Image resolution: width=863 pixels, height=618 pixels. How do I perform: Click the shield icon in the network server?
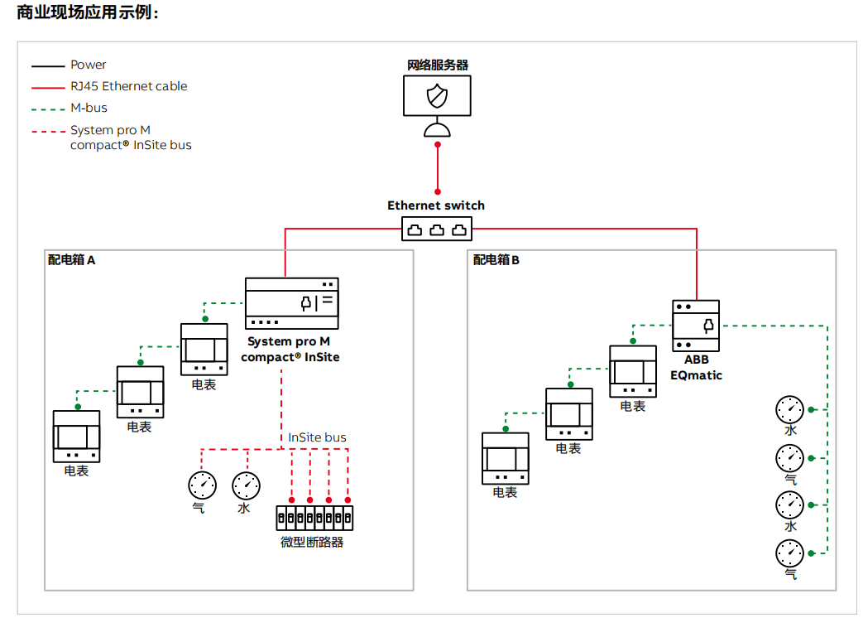click(436, 95)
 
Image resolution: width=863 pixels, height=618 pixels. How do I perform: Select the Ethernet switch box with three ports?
click(437, 229)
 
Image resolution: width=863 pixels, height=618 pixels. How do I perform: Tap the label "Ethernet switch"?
click(436, 205)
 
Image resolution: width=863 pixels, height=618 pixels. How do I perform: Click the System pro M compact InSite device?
click(292, 304)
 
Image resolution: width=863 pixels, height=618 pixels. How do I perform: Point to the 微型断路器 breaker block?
click(315, 518)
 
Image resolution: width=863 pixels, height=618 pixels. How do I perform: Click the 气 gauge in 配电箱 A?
click(202, 485)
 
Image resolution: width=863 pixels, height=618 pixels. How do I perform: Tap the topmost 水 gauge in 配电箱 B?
click(789, 409)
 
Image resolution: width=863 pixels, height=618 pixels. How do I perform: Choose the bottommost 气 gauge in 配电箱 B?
click(789, 553)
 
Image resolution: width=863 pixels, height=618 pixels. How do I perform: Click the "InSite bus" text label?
click(317, 437)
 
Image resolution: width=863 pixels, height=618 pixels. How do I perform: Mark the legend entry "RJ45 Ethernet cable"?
click(128, 86)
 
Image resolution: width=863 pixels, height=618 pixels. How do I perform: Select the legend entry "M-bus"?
click(89, 108)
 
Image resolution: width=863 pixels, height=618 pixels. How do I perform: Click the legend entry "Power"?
click(89, 65)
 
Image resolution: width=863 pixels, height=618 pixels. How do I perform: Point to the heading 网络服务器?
click(437, 65)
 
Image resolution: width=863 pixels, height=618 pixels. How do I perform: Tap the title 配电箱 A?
click(71, 260)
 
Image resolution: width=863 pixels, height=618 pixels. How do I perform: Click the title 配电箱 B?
click(496, 260)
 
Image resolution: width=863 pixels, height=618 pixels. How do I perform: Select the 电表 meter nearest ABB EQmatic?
click(633, 371)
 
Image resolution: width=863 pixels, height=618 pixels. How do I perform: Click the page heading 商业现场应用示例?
click(88, 13)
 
